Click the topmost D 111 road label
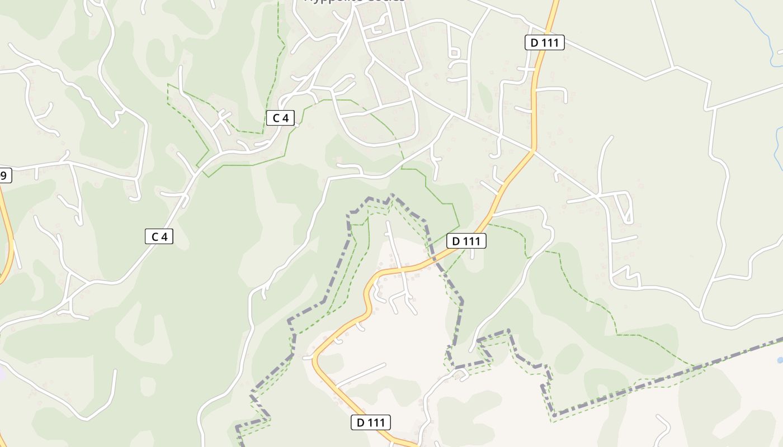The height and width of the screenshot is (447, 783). pos(544,42)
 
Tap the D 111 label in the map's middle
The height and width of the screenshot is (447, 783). pos(466,241)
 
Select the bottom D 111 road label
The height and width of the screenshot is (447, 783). pos(370,422)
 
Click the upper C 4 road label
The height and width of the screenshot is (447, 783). pos(280,118)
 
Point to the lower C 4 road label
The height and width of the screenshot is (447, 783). pos(159,237)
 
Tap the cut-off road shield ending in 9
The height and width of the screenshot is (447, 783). pos(4,175)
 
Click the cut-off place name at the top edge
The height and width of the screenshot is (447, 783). pos(353,2)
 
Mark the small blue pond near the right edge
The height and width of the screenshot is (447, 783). pos(780,360)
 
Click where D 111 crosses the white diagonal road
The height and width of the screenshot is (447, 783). pos(532,150)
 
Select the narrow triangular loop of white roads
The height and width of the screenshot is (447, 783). pos(625,207)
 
